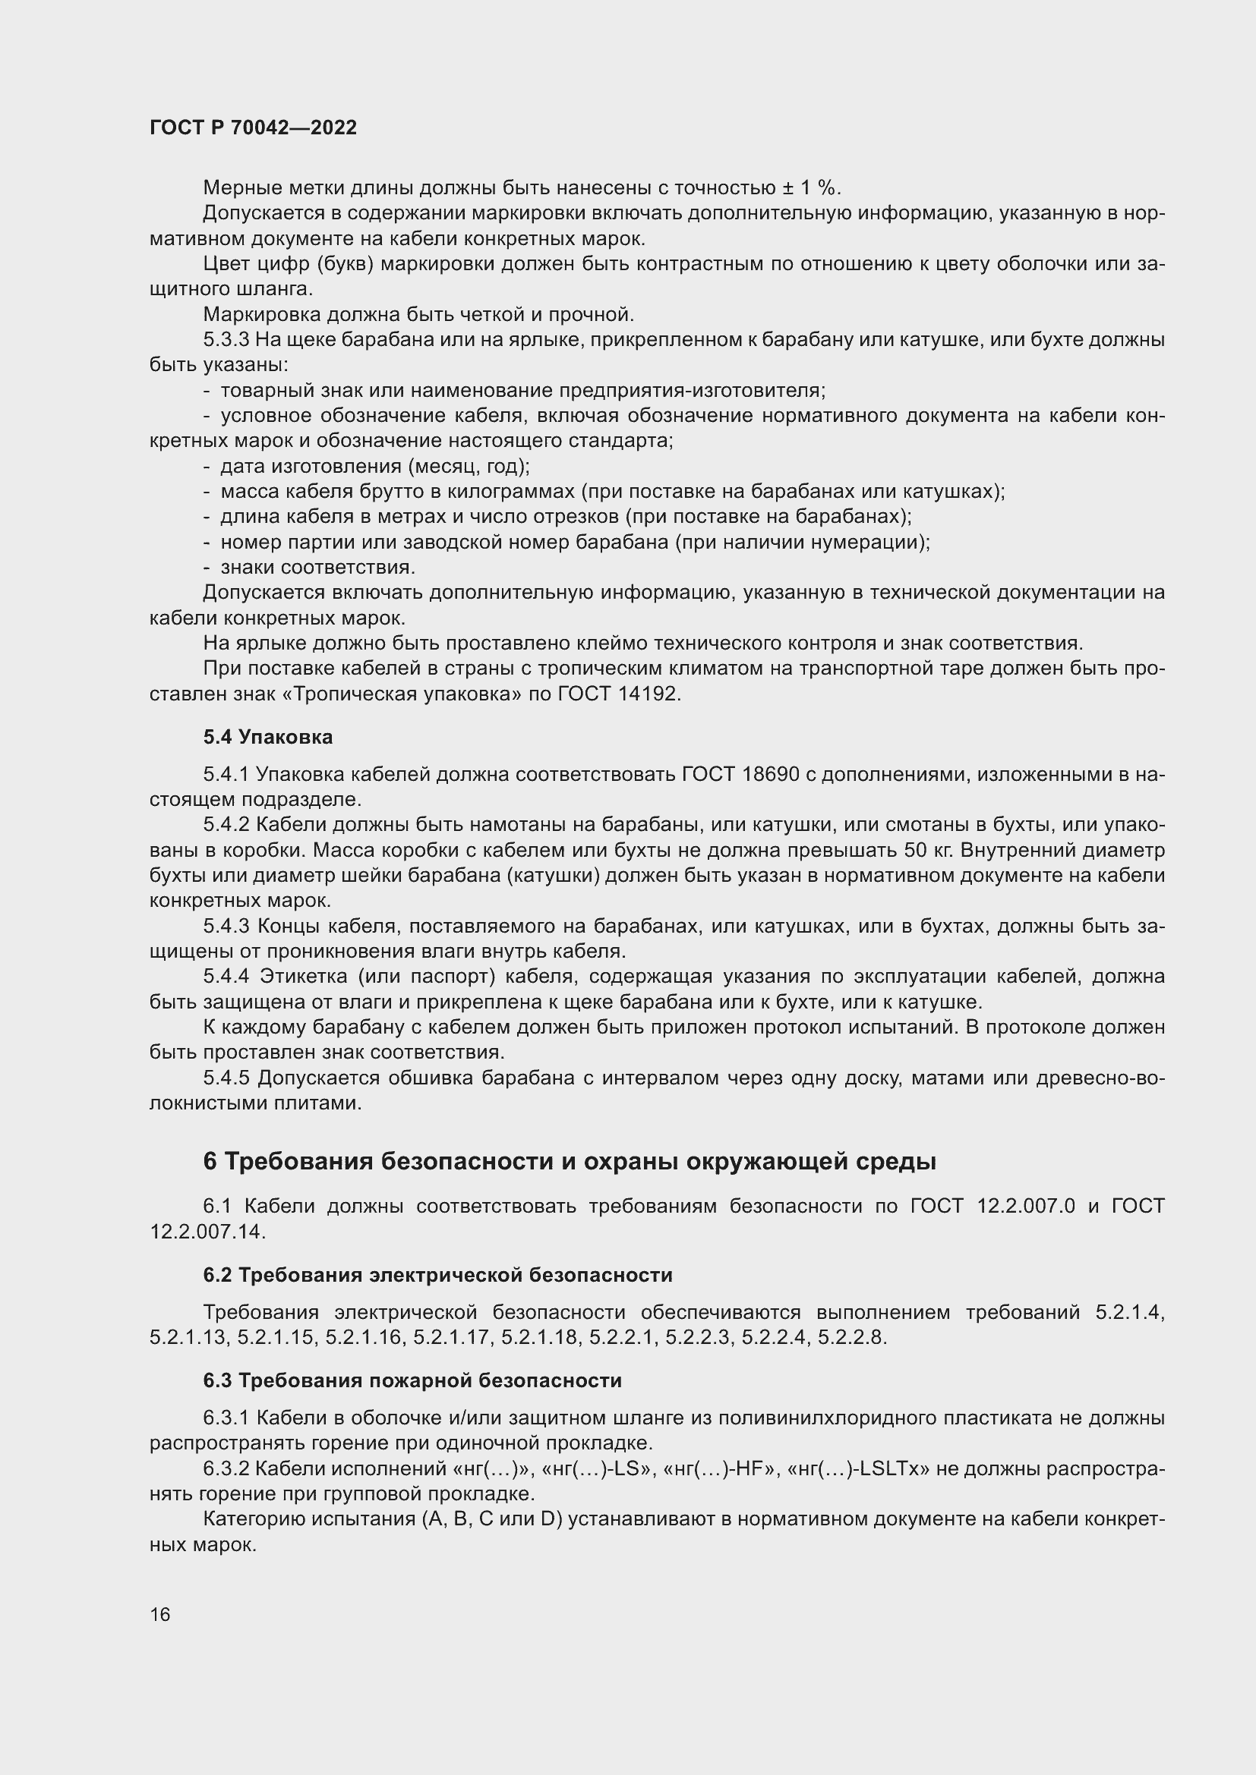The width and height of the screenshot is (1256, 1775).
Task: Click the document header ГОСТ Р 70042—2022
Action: click(x=253, y=127)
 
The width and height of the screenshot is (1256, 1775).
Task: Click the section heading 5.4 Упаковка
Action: click(x=267, y=737)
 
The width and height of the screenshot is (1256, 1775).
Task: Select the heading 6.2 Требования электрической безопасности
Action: click(x=437, y=1275)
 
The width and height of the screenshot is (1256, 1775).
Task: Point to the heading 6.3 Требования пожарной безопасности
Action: click(x=412, y=1380)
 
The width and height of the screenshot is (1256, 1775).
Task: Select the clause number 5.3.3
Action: click(x=226, y=339)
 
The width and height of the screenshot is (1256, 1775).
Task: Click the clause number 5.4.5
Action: click(x=227, y=1078)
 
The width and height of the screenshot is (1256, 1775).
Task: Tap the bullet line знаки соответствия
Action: click(x=318, y=568)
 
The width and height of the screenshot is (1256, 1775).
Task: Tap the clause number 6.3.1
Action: click(x=226, y=1418)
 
